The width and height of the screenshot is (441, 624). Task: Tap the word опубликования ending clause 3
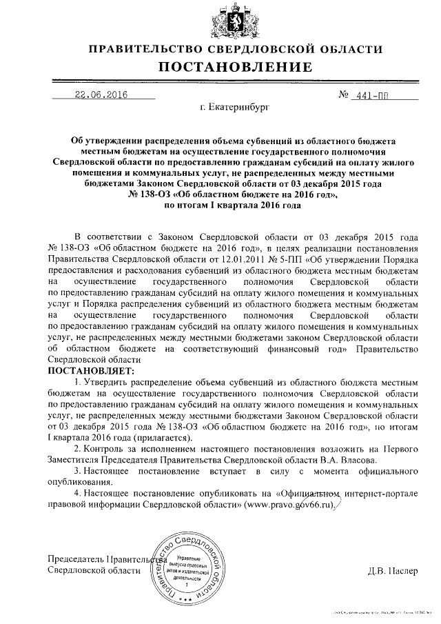[x=79, y=481]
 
